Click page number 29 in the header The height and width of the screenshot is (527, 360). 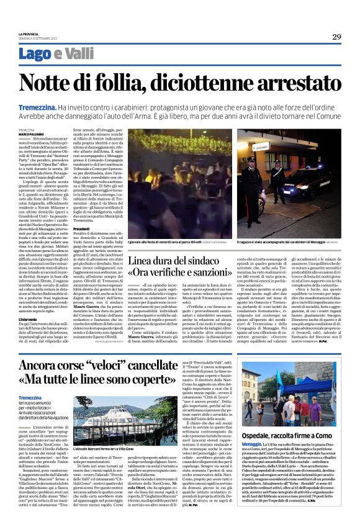click(336, 37)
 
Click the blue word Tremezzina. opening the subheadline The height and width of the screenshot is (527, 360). click(38, 107)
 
